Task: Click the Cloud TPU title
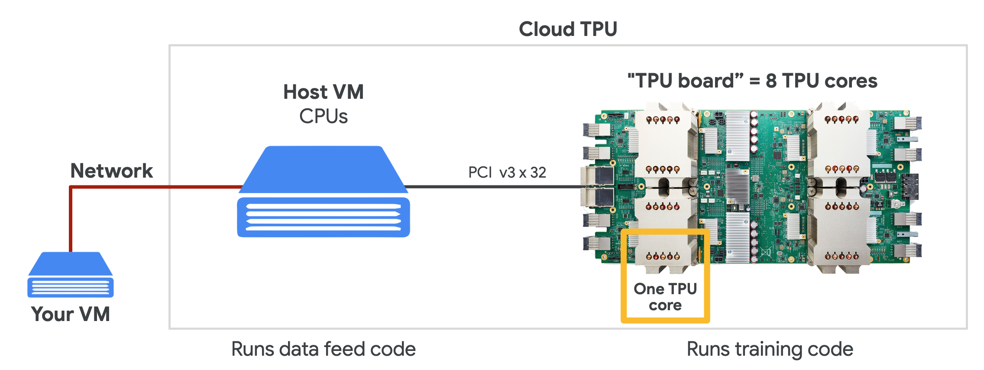tap(568, 29)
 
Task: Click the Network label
tap(111, 171)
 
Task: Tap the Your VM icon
tap(71, 275)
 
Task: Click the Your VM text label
tap(71, 314)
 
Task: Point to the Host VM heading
tap(324, 92)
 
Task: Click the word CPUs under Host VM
tap(324, 117)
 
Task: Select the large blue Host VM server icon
tap(324, 193)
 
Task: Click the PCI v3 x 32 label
tap(507, 172)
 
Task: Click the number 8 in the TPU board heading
tap(771, 81)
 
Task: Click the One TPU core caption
tap(665, 297)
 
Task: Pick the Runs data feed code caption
tap(324, 349)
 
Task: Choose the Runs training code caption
tap(770, 349)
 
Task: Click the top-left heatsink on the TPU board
tap(663, 143)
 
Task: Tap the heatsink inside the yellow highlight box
tap(663, 251)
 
